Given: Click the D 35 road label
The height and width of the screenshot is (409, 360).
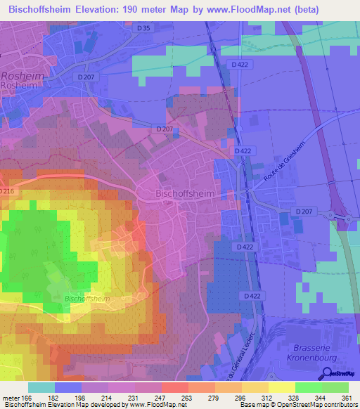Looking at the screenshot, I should pyautogui.click(x=144, y=28).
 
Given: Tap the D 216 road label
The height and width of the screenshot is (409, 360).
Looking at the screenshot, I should pyautogui.click(x=6, y=192).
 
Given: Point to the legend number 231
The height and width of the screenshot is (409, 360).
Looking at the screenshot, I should pyautogui.click(x=136, y=398).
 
